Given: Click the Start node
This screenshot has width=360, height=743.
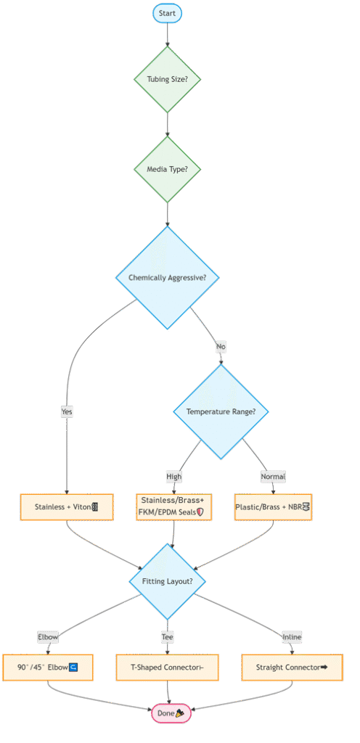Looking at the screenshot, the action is coord(167,13).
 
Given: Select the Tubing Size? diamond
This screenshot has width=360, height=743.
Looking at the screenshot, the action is coord(167,79).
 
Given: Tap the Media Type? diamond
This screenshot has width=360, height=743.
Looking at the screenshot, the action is coord(167,169).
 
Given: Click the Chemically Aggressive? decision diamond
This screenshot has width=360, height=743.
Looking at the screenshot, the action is coord(167,278).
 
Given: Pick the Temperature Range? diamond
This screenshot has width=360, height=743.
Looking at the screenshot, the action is coord(221,411).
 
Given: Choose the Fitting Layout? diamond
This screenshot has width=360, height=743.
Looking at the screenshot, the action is coord(167,581).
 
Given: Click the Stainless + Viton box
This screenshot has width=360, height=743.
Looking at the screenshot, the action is coord(67,507).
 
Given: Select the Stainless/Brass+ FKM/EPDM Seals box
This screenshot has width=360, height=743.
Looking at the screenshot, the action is coord(174,507).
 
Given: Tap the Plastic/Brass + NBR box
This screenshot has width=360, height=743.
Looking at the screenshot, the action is coord(273,507).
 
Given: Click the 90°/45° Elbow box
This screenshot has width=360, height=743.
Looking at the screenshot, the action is coord(48,668).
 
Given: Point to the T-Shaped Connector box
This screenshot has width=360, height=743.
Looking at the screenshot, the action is coord(167,668).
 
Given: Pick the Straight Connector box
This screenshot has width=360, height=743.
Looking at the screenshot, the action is coord(292,668).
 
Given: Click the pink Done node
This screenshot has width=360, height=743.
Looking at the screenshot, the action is coord(171,713).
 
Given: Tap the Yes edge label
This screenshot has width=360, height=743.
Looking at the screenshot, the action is coord(67,412).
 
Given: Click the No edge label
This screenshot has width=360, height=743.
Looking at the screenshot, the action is coord(221,346).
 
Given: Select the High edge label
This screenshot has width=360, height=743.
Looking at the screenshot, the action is coord(174,476).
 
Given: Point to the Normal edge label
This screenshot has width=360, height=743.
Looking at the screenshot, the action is coord(273,476).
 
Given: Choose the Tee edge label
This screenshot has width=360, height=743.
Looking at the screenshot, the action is coord(167,637).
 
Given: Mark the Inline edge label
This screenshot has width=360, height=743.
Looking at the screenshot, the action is coord(292,637).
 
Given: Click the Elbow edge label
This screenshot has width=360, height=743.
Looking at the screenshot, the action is coord(48,637).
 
